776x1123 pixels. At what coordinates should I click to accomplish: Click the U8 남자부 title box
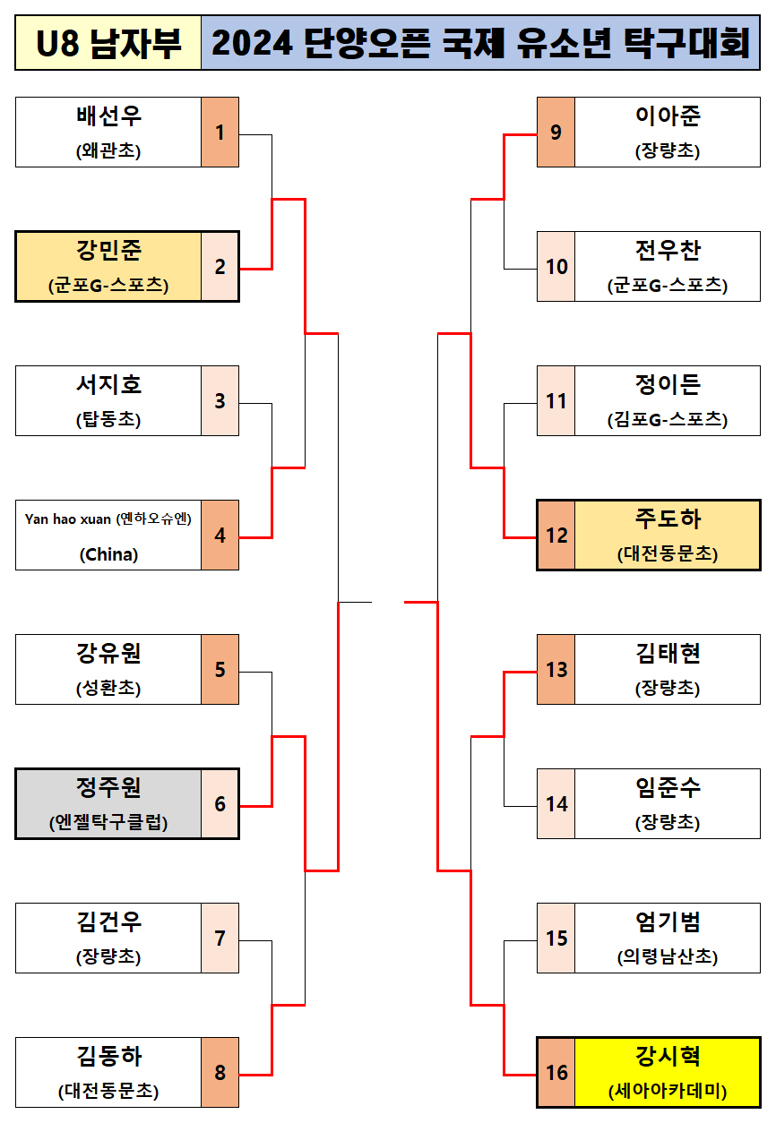pos(108,43)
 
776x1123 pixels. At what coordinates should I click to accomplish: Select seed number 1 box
pos(220,133)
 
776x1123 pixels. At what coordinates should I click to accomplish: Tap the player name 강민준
pos(108,250)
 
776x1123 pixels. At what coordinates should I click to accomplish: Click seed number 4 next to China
pos(220,536)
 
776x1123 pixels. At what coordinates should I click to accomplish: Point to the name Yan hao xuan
pos(68,519)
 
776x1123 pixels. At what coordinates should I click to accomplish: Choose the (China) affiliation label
pos(108,554)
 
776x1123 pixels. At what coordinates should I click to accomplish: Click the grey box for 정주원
pos(108,803)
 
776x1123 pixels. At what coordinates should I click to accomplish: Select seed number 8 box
pos(220,1073)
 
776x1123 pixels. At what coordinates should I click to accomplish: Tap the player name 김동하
pos(108,1057)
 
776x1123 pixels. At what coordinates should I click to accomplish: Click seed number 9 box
pos(556,133)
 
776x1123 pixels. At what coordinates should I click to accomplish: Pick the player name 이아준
pos(667,116)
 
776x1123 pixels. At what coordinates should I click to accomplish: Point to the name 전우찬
pos(667,250)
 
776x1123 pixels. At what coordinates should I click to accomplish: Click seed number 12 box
pos(556,536)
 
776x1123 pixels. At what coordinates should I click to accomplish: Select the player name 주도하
pos(667,519)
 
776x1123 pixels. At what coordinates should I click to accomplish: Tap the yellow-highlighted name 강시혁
pos(667,1057)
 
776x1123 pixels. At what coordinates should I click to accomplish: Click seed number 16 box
pos(556,1073)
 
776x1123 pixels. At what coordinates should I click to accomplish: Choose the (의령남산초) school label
pos(667,956)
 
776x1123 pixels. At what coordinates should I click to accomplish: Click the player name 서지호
pos(108,385)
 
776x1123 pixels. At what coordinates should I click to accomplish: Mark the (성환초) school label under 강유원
pos(108,689)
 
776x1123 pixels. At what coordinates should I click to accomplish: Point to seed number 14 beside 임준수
pos(556,804)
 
